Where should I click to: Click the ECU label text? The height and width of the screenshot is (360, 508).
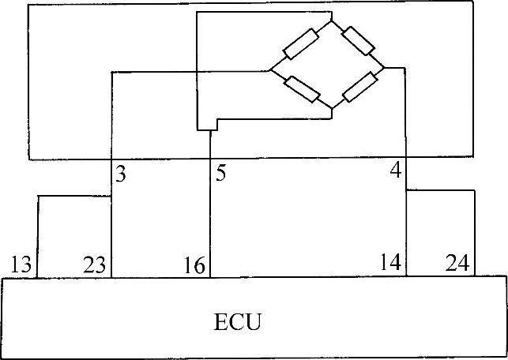click(237, 322)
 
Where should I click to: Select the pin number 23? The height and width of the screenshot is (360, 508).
click(93, 264)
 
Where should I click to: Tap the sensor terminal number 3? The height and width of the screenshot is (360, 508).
click(120, 173)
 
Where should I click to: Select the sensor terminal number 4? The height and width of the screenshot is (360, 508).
click(396, 171)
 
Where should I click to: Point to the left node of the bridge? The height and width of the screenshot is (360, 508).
click(271, 69)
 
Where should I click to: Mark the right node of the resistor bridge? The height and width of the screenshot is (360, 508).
click(384, 67)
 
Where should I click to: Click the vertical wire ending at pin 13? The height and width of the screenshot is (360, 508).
click(37, 237)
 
